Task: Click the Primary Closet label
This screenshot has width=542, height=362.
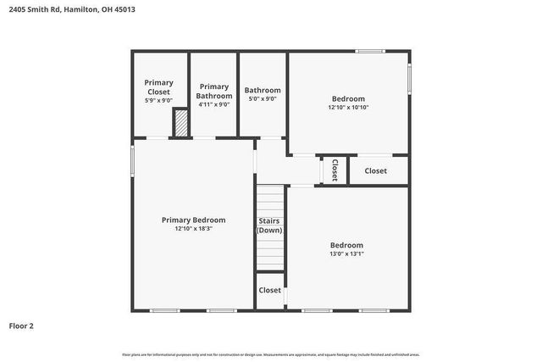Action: [158, 86]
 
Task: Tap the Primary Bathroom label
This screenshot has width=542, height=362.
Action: [213, 91]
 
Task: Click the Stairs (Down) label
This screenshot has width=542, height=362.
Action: [269, 226]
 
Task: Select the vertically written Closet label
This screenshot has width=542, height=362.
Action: [335, 170]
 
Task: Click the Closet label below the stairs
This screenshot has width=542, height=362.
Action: [269, 290]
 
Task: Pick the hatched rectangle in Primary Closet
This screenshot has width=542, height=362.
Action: [180, 124]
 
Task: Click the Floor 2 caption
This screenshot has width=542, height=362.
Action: [21, 326]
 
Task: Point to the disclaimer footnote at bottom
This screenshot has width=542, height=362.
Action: [270, 354]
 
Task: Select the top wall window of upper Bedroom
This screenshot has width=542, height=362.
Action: [370, 52]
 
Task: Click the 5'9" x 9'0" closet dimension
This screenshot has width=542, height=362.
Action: [158, 100]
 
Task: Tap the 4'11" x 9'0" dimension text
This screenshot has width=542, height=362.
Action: [213, 104]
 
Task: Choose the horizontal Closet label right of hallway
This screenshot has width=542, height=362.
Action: [375, 170]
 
